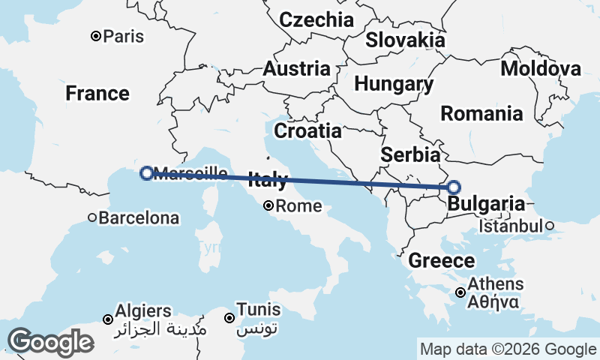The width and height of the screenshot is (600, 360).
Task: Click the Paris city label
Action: [x=124, y=36]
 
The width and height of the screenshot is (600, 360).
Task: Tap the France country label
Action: [x=97, y=94]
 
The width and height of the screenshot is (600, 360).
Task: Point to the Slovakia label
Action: [x=405, y=40]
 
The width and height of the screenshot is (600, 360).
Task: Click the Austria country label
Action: [x=296, y=69]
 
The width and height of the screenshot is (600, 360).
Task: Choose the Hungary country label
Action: [x=394, y=84]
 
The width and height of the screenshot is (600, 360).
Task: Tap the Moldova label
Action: [x=541, y=69]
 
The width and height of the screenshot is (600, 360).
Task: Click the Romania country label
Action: [x=481, y=114]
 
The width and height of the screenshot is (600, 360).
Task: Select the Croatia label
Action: [x=307, y=131]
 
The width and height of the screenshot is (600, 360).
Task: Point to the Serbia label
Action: [x=409, y=155]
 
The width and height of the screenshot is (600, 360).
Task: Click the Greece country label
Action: [x=441, y=261]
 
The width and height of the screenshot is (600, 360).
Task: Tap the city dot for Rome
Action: [x=269, y=205]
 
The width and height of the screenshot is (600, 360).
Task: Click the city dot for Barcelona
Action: [x=92, y=218]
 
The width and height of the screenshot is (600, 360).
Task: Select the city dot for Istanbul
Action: [x=549, y=225]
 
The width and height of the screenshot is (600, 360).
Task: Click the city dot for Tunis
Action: [x=229, y=319]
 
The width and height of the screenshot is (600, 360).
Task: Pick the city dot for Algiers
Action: [x=108, y=319]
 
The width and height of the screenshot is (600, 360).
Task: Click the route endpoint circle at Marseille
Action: [x=146, y=173]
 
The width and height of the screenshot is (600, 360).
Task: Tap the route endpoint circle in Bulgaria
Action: [x=453, y=187]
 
